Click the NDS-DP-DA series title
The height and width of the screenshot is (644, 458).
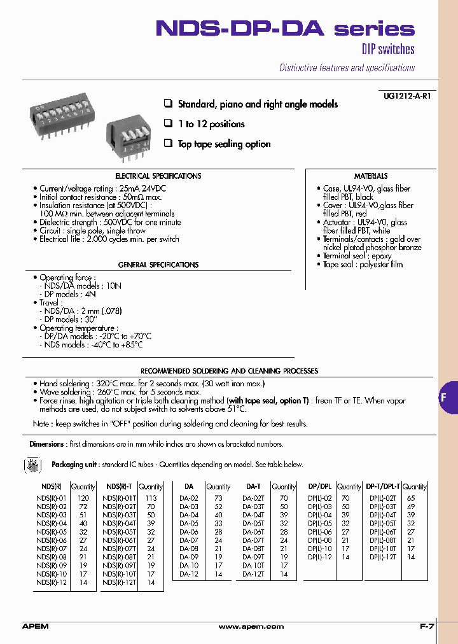(x=285, y=29)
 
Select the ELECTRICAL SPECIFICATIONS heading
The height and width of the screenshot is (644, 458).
(x=158, y=176)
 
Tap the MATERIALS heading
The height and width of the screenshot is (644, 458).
(x=371, y=176)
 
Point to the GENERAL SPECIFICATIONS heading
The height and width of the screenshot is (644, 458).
(x=158, y=265)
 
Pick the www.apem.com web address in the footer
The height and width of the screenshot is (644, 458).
(x=251, y=627)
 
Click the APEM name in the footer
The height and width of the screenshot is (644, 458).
(x=35, y=627)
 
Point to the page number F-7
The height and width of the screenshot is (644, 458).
(x=427, y=627)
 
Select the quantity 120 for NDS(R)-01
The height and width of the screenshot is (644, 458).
(x=83, y=498)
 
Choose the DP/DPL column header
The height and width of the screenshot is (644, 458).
(x=320, y=486)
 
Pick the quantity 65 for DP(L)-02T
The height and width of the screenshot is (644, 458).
(x=410, y=498)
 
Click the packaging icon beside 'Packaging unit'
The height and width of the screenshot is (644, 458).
(x=32, y=466)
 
